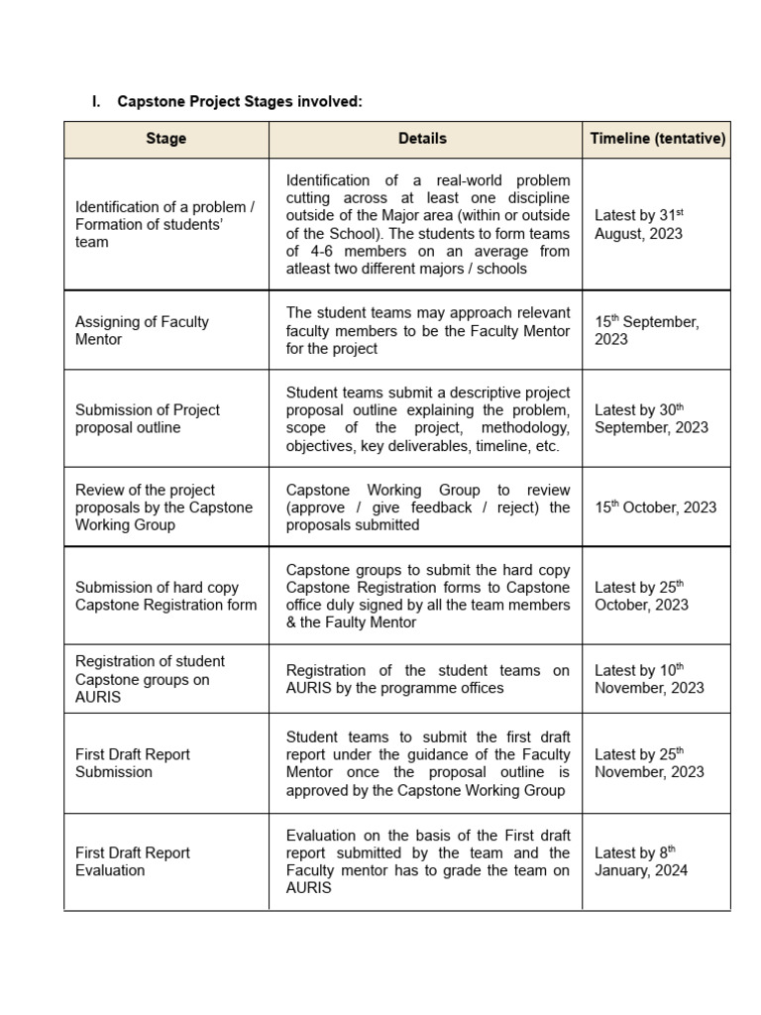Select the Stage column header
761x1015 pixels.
coord(165,139)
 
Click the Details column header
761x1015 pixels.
coord(422,139)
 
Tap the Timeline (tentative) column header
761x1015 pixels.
coord(658,139)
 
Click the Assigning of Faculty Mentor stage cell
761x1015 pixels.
coord(142,330)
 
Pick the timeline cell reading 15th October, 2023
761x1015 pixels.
coord(655,507)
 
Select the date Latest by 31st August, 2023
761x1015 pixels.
coord(639,224)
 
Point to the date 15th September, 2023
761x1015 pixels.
coord(646,330)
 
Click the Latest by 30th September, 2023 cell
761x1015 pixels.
coord(651,418)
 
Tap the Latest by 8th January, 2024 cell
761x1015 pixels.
coord(641,861)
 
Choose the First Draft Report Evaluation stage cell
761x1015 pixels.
coord(133,861)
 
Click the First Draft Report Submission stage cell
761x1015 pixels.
coord(133,763)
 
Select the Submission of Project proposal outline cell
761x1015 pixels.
coord(148,418)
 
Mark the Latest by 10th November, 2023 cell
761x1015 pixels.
coord(649,678)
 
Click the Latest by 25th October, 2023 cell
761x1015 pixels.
coord(641,596)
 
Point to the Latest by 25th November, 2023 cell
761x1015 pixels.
coord(649,763)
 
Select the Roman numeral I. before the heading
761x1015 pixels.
coord(96,102)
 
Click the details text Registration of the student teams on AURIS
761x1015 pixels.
coord(427,679)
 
